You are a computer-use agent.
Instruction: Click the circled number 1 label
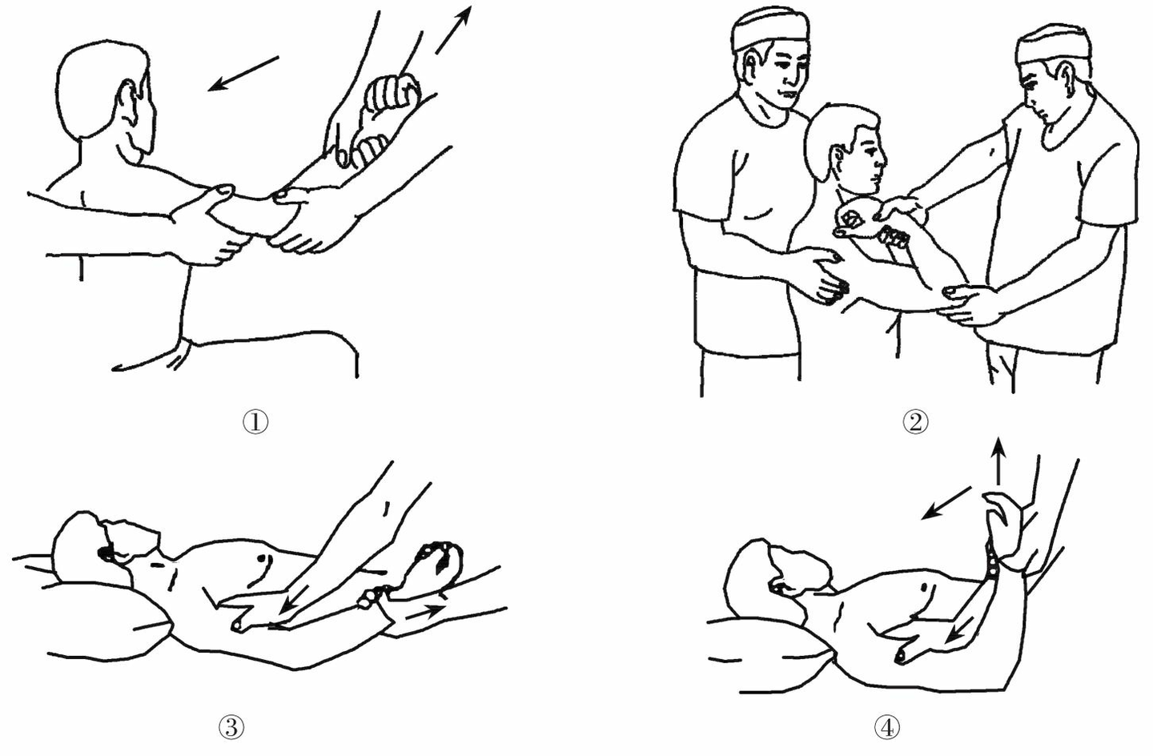pyautogui.click(x=255, y=422)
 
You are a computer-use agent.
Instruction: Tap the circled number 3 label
pyautogui.click(x=231, y=728)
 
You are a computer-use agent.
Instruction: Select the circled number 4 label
pyautogui.click(x=887, y=728)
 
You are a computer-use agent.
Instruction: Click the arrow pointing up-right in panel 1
pyautogui.click(x=453, y=30)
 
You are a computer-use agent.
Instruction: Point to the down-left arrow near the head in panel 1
pyautogui.click(x=243, y=74)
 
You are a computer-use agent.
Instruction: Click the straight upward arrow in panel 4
pyautogui.click(x=998, y=461)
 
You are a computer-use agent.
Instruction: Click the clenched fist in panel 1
pyautogui.click(x=392, y=98)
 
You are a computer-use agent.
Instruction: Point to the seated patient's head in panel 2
pyautogui.click(x=844, y=147)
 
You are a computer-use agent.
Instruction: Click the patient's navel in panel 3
pyautogui.click(x=263, y=557)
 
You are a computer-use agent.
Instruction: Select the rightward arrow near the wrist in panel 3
pyautogui.click(x=424, y=611)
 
